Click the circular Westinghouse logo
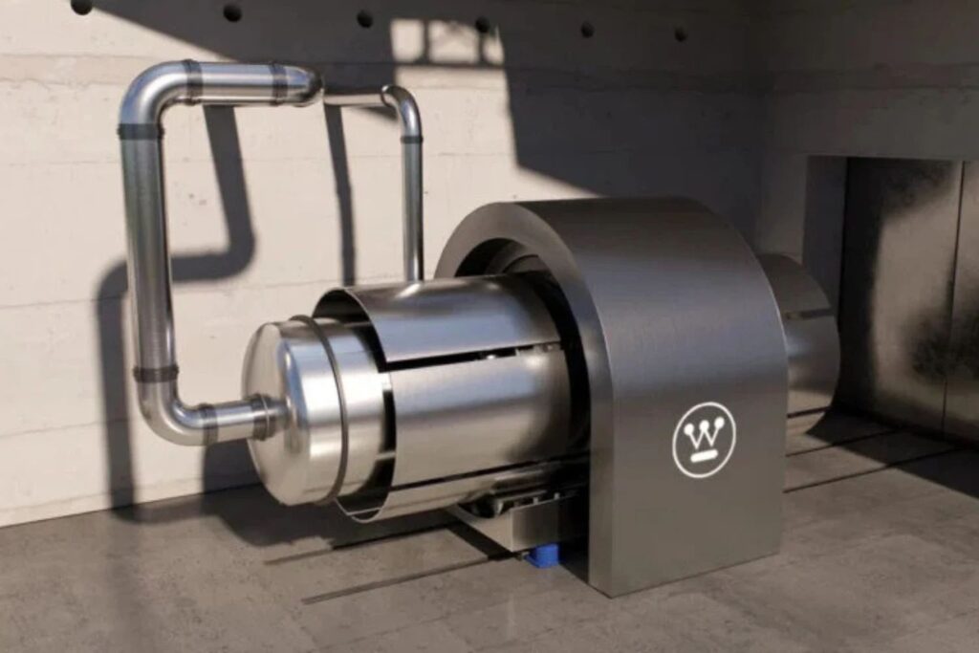[x=705, y=439]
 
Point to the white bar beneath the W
[x=704, y=455]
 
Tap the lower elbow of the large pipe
[x=168, y=412]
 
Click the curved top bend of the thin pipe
[x=402, y=103]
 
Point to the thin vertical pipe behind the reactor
[x=412, y=206]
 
